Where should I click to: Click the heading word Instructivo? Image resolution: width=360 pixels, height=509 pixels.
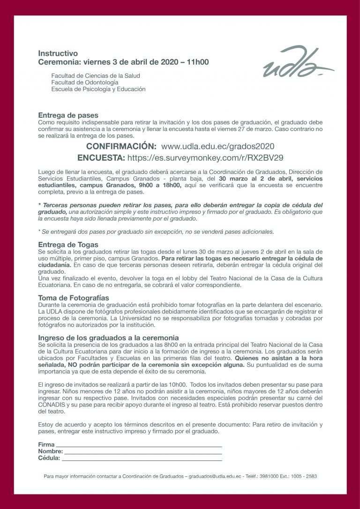pos(58,53)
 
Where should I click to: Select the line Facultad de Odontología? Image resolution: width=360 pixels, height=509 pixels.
pos(84,82)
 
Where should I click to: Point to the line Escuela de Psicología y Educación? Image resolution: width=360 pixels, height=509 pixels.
pos(98,89)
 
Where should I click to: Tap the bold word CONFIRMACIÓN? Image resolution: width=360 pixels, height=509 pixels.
pos(121,146)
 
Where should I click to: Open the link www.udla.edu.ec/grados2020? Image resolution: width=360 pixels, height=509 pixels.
pos(217,146)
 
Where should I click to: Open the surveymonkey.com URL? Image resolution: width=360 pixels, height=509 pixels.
pos(205,157)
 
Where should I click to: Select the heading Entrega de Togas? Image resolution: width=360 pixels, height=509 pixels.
pos(68,244)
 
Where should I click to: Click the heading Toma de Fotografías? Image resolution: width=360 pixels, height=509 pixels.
pos(73,298)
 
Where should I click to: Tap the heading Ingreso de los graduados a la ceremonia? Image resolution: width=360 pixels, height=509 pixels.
pos(108,337)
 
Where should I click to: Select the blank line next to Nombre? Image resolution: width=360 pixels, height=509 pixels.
pos(142,452)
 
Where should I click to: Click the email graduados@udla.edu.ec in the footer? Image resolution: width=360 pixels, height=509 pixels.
pos(215,476)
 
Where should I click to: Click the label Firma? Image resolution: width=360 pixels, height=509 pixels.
pos(46,444)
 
